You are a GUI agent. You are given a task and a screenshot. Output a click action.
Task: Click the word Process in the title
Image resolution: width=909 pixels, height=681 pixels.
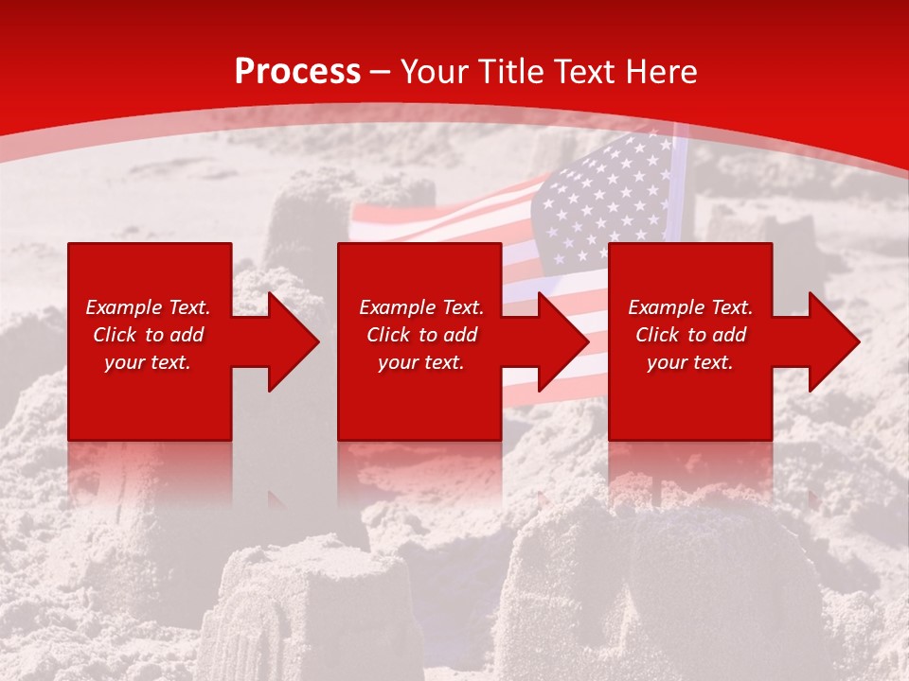[x=297, y=72]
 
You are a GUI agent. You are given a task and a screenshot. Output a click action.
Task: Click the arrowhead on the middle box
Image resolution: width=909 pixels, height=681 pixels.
[x=561, y=341]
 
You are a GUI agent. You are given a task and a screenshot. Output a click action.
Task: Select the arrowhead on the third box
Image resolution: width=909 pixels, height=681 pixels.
[x=832, y=341]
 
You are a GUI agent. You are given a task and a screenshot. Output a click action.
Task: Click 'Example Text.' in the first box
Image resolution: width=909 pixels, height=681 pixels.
[x=148, y=307]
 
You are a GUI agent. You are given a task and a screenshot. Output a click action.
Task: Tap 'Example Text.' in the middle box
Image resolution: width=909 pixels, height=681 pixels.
[x=421, y=307]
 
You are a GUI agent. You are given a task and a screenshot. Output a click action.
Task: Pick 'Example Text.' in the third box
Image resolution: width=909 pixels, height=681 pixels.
[x=690, y=307]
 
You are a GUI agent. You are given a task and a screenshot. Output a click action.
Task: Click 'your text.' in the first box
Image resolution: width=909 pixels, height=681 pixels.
[x=148, y=362]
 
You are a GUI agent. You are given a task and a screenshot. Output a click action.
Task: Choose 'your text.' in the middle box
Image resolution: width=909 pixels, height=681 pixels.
[x=421, y=362]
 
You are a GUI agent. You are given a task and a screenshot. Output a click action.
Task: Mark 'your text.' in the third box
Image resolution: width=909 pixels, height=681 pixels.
[x=690, y=362]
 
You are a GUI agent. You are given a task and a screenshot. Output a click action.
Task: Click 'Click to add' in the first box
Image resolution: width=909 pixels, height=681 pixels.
[x=148, y=335]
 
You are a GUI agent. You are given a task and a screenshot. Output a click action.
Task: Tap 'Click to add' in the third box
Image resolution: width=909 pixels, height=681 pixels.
[x=690, y=335]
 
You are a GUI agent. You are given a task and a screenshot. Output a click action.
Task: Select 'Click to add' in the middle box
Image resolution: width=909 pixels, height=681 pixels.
[x=421, y=335]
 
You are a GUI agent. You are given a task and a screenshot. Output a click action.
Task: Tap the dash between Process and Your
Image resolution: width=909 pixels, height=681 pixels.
[x=380, y=73]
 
